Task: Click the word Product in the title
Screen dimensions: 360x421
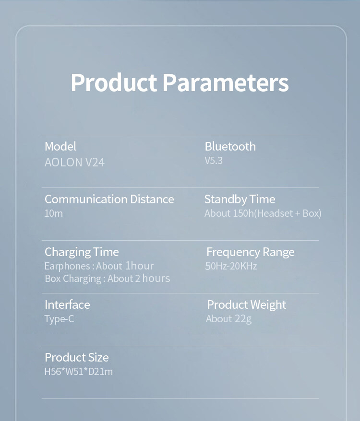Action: (114, 82)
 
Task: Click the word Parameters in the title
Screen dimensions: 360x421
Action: (226, 82)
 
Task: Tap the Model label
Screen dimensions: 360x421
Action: (60, 146)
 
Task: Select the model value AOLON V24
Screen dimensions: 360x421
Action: (74, 162)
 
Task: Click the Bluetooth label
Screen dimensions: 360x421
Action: (230, 146)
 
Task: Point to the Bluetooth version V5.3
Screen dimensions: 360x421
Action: (214, 161)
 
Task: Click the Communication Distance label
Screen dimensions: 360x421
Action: (109, 199)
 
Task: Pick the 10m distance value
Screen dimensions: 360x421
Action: (53, 213)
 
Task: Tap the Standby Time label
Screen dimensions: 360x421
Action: (240, 199)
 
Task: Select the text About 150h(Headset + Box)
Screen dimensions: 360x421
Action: (263, 213)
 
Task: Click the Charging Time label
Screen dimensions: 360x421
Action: (82, 252)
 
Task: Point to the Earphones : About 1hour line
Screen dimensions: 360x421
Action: (99, 266)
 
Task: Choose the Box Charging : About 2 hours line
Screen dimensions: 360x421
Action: (107, 279)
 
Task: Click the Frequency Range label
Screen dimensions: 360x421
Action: (250, 252)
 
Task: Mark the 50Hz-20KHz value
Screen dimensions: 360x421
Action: (231, 266)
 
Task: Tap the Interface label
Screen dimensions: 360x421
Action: (67, 305)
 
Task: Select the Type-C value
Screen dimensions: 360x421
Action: (59, 319)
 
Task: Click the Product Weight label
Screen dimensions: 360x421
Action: (247, 305)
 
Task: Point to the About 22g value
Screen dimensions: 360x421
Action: (228, 319)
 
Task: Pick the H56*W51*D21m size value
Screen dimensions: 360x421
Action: (79, 372)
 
